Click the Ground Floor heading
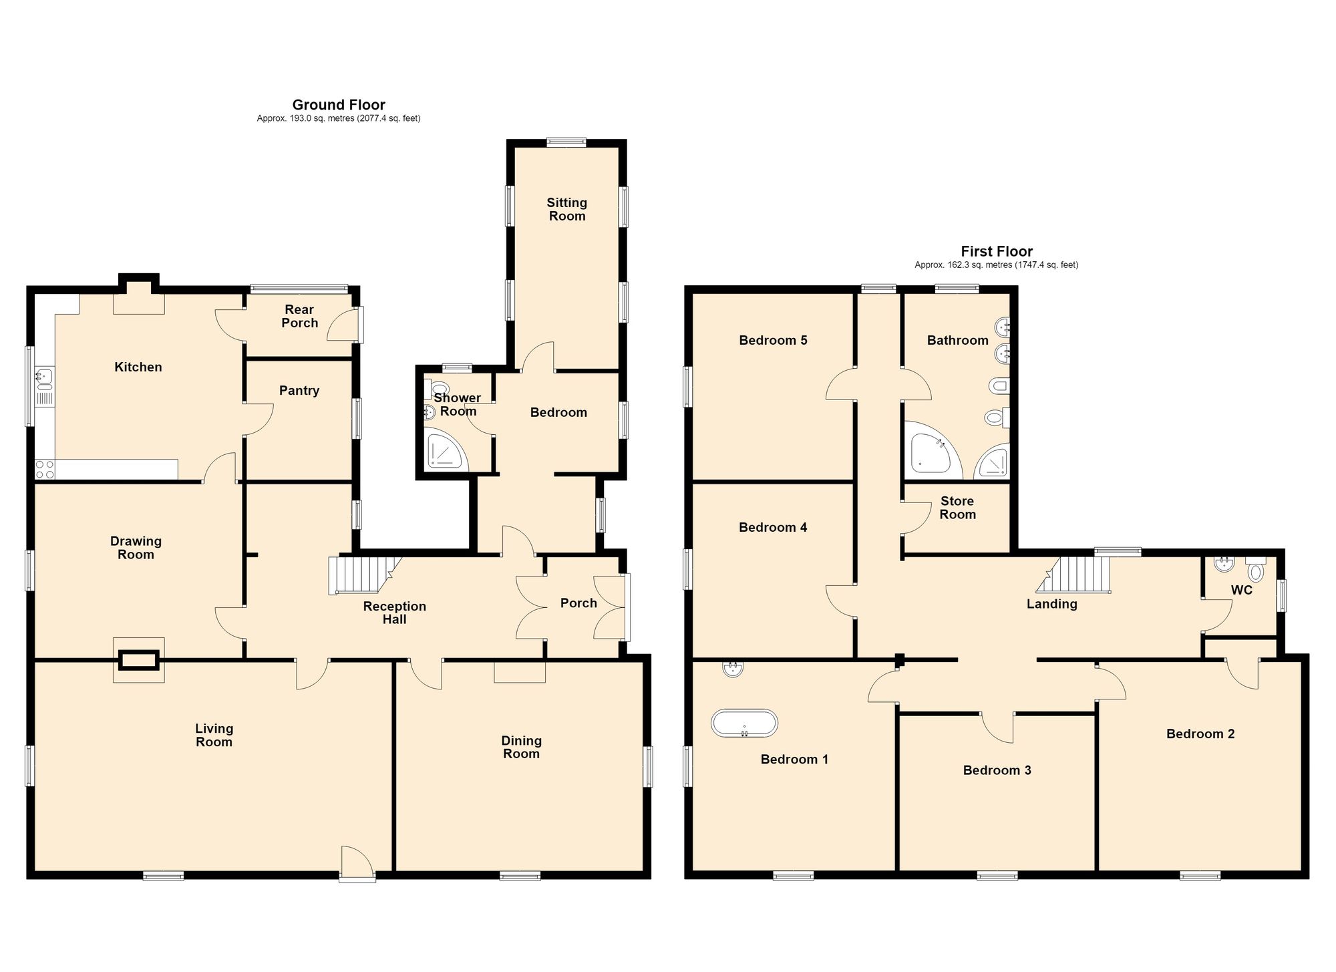pyautogui.click(x=339, y=105)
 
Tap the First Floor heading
pyautogui.click(x=997, y=252)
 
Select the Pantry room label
pyautogui.click(x=299, y=391)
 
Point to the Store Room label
pyautogui.click(x=957, y=508)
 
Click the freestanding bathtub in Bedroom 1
pyautogui.click(x=744, y=723)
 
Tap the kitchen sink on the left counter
pyautogui.click(x=44, y=378)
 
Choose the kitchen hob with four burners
pyautogui.click(x=45, y=469)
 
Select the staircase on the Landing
pyautogui.click(x=1073, y=575)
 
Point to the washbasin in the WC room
pyautogui.click(x=1224, y=565)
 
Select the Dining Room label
pyautogui.click(x=521, y=747)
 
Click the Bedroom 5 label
pyautogui.click(x=773, y=341)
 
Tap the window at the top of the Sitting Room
pyautogui.click(x=566, y=142)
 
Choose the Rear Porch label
pyautogui.click(x=299, y=316)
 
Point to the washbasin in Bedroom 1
pyautogui.click(x=733, y=669)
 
